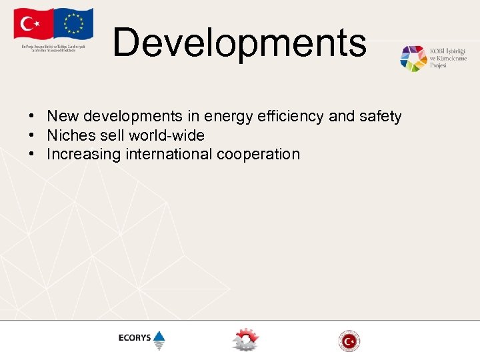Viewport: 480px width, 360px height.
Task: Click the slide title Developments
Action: [239, 42]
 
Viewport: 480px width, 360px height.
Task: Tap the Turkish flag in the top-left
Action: [31, 25]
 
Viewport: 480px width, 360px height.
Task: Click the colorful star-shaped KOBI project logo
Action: [413, 59]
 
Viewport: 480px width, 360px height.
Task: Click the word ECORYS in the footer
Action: [135, 338]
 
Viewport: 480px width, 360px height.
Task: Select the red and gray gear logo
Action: [244, 340]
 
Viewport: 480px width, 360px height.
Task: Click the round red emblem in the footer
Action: [349, 341]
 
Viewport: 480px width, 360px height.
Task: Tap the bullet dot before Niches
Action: [31, 135]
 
